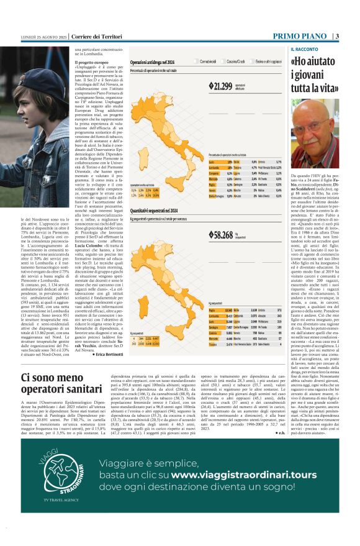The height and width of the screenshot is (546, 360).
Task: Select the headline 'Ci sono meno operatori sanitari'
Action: pos(60,384)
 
